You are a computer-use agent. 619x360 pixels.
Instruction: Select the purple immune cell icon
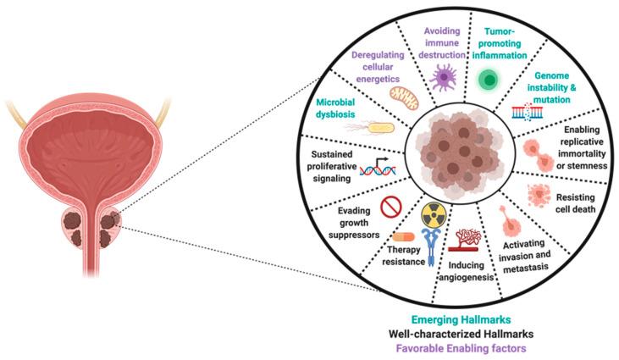click(444, 79)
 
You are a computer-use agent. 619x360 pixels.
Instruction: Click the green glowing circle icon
click(489, 80)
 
